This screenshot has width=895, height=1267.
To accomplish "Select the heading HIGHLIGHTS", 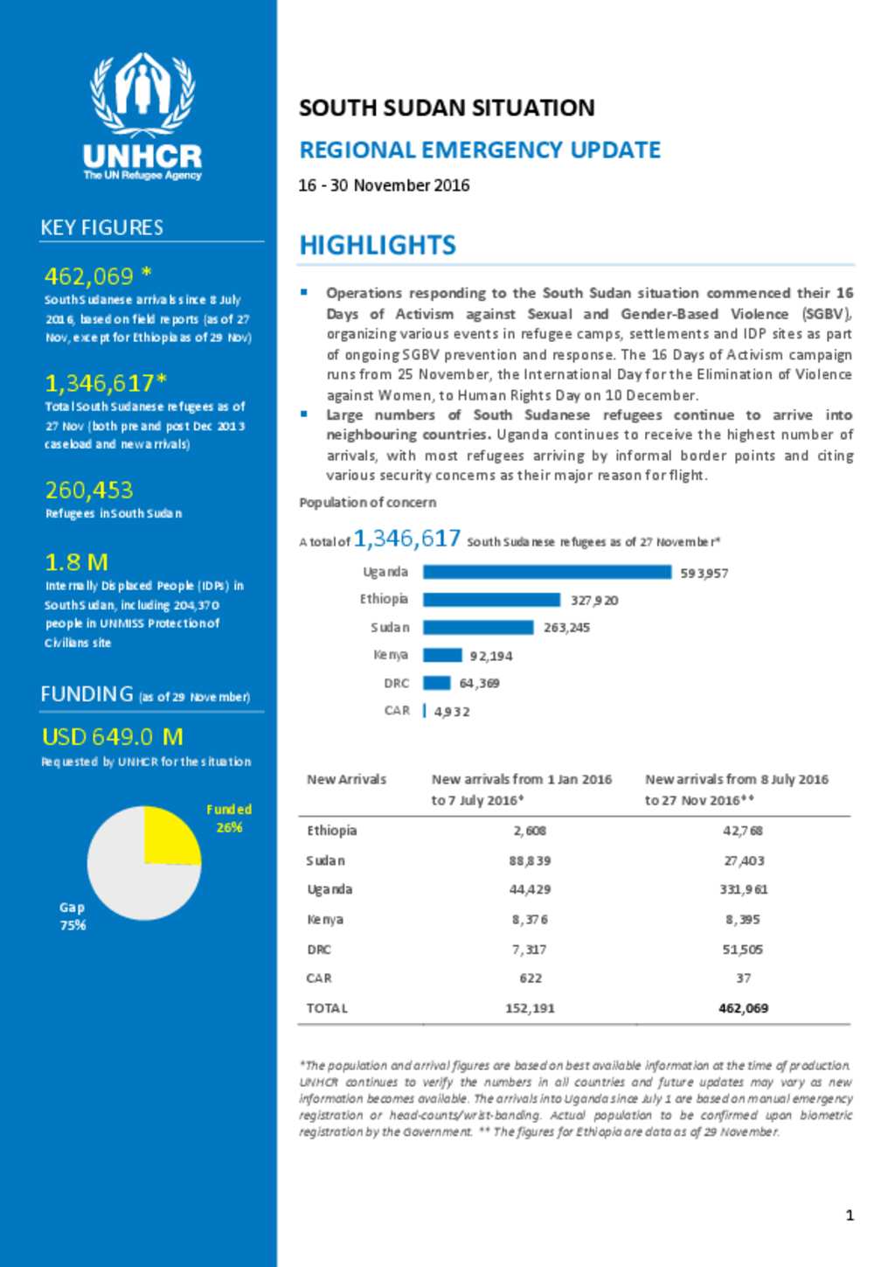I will click(378, 246).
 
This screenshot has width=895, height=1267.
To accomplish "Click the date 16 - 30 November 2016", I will click(384, 185).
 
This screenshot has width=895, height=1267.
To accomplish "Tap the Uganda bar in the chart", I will click(547, 572).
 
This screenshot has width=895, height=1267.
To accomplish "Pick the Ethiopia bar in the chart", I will click(491, 600).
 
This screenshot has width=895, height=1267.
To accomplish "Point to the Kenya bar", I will click(442, 655).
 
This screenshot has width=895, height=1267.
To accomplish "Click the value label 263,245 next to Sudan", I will click(566, 628).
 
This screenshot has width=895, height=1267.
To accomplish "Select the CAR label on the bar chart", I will click(397, 710).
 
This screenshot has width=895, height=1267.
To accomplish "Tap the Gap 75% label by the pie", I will click(73, 916).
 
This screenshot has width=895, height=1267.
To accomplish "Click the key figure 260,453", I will click(89, 491).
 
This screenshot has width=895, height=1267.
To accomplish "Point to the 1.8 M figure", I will click(76, 562).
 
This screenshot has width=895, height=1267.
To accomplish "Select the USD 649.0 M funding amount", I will click(113, 737).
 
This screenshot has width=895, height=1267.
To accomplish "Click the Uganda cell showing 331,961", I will click(743, 889).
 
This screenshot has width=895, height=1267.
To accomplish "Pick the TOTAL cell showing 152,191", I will click(530, 1008).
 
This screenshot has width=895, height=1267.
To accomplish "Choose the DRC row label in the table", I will click(319, 950).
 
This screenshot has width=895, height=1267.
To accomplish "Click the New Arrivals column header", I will click(346, 779).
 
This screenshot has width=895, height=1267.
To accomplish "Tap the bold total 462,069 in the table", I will click(743, 1008).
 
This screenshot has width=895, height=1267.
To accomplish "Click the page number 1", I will click(850, 1215).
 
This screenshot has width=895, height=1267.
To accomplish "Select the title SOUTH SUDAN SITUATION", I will click(447, 108).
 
